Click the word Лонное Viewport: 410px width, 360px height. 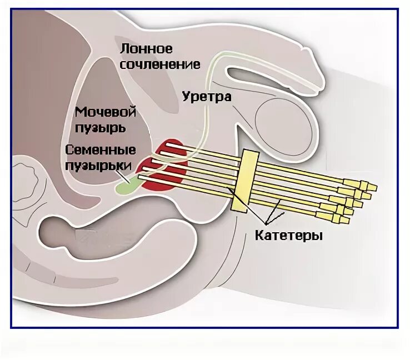coord(147,49)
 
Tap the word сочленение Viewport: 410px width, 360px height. coord(160,64)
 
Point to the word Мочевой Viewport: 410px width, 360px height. coord(106,112)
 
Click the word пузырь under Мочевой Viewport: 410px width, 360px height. coord(101,127)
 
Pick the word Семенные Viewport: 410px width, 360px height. coord(101,150)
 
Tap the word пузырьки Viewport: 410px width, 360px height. coord(98,165)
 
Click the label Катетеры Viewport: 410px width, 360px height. coord(289,235)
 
